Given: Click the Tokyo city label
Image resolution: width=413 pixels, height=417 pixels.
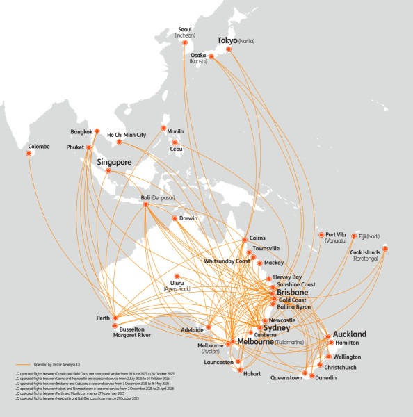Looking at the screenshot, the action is [x=227, y=41].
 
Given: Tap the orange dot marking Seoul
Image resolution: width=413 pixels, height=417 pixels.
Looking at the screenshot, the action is [x=185, y=42].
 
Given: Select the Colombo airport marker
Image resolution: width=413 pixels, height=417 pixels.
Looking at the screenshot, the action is [x=29, y=154].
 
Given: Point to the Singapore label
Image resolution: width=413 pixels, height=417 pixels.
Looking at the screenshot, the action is [x=114, y=162].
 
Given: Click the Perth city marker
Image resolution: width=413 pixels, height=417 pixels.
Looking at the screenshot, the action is [x=115, y=318].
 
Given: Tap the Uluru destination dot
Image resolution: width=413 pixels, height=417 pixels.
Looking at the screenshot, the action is [x=177, y=276].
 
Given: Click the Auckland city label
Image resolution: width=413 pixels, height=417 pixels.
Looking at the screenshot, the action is [x=350, y=334].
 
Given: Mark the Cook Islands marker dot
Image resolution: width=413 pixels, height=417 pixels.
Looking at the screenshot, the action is [x=385, y=248].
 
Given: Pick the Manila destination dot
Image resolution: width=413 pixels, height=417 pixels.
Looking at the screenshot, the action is [x=163, y=129].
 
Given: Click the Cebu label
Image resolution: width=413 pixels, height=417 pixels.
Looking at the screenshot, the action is [x=180, y=148].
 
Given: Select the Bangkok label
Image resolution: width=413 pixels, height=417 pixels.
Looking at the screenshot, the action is [x=81, y=132].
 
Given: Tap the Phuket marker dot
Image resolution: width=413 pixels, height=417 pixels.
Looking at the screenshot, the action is [x=88, y=147].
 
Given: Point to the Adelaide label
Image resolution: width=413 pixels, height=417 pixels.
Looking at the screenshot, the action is [x=192, y=329].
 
